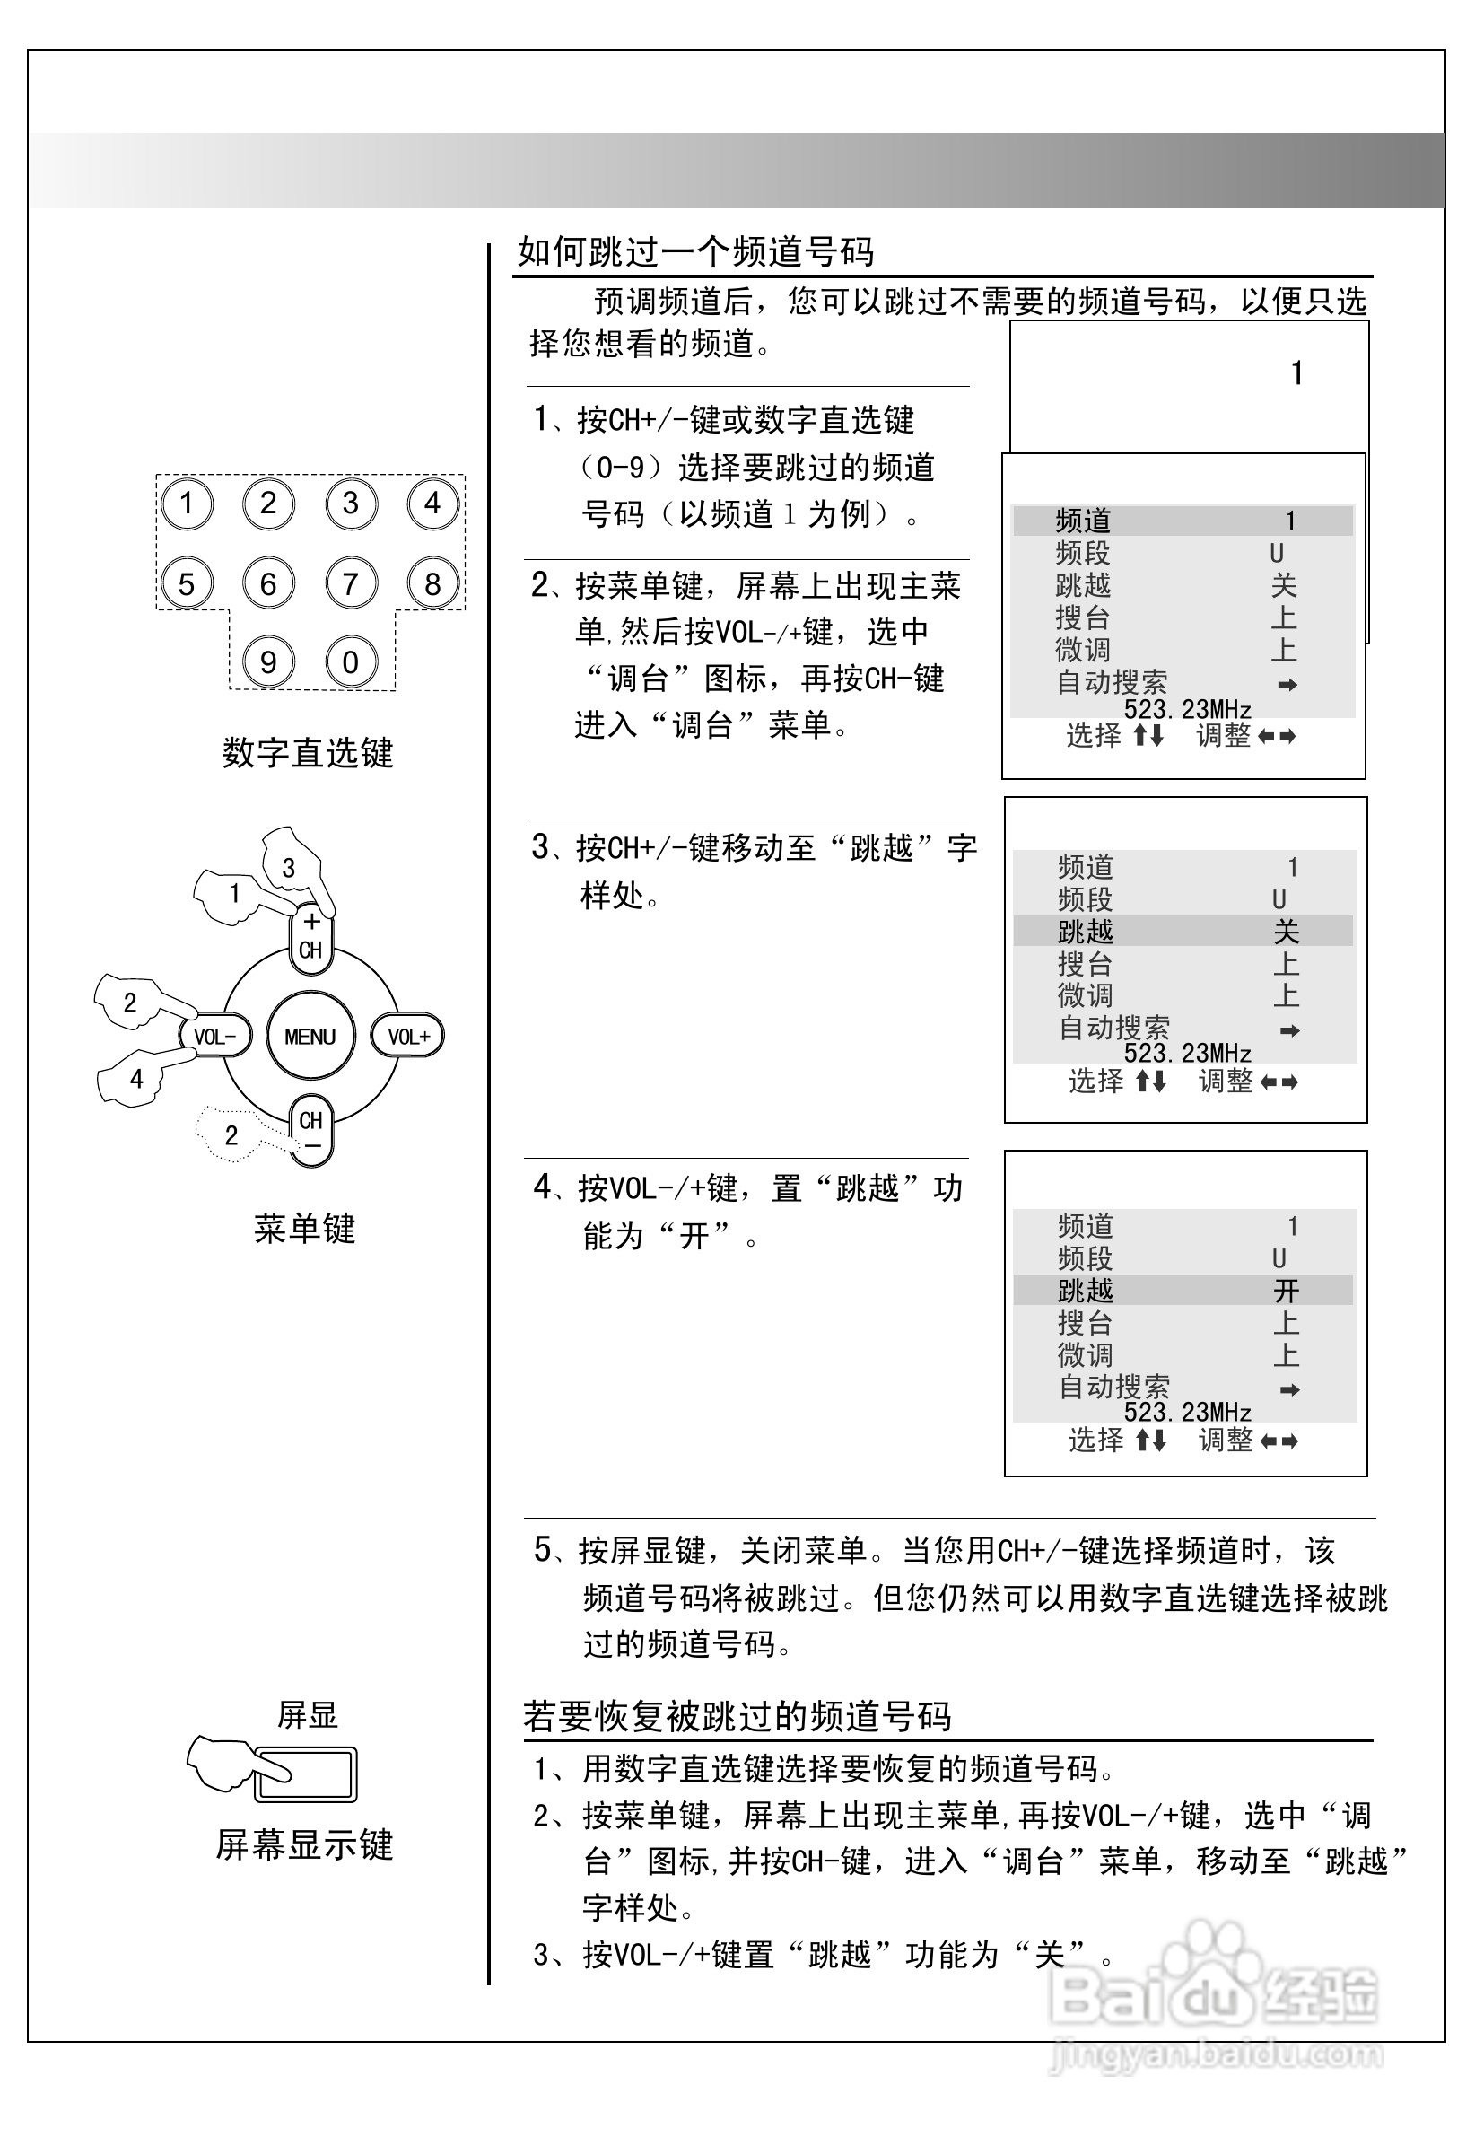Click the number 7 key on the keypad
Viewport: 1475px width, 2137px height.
(350, 584)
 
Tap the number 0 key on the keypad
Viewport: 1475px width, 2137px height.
(350, 662)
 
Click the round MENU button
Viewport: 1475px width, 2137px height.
(310, 1036)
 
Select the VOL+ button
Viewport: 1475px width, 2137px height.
(407, 1036)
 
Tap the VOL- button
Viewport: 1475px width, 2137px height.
(214, 1036)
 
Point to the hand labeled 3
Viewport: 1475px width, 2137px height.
(291, 865)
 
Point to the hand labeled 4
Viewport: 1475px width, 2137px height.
(135, 1078)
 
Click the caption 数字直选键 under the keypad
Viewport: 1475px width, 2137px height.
(307, 752)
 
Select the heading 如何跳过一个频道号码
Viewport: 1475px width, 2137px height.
(695, 251)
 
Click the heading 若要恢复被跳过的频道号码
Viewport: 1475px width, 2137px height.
(737, 1716)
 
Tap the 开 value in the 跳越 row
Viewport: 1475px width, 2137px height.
(1286, 1291)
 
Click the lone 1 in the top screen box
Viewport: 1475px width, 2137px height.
(1296, 373)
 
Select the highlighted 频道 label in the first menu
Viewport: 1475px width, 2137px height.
(1082, 521)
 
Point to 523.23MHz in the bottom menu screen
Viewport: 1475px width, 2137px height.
(1188, 1413)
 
